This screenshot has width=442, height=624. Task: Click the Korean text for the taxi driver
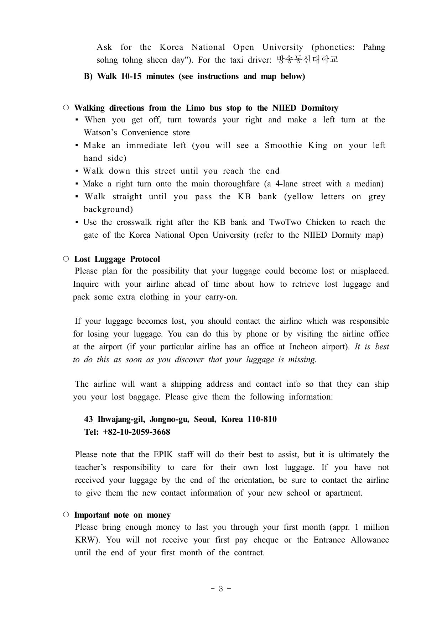coord(307,60)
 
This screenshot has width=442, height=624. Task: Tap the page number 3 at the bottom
coord(220,589)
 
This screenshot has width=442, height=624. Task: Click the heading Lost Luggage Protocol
coord(117,259)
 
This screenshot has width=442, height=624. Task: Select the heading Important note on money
coord(122,515)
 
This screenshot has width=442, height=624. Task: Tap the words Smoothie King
coord(296,145)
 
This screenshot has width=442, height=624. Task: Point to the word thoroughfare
coord(236,184)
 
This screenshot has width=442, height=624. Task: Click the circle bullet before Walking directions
coord(66,107)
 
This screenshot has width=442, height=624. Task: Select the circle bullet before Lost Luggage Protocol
coord(66,259)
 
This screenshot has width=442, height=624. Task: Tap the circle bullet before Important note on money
coord(66,514)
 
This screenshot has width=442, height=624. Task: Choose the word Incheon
coord(304,347)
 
